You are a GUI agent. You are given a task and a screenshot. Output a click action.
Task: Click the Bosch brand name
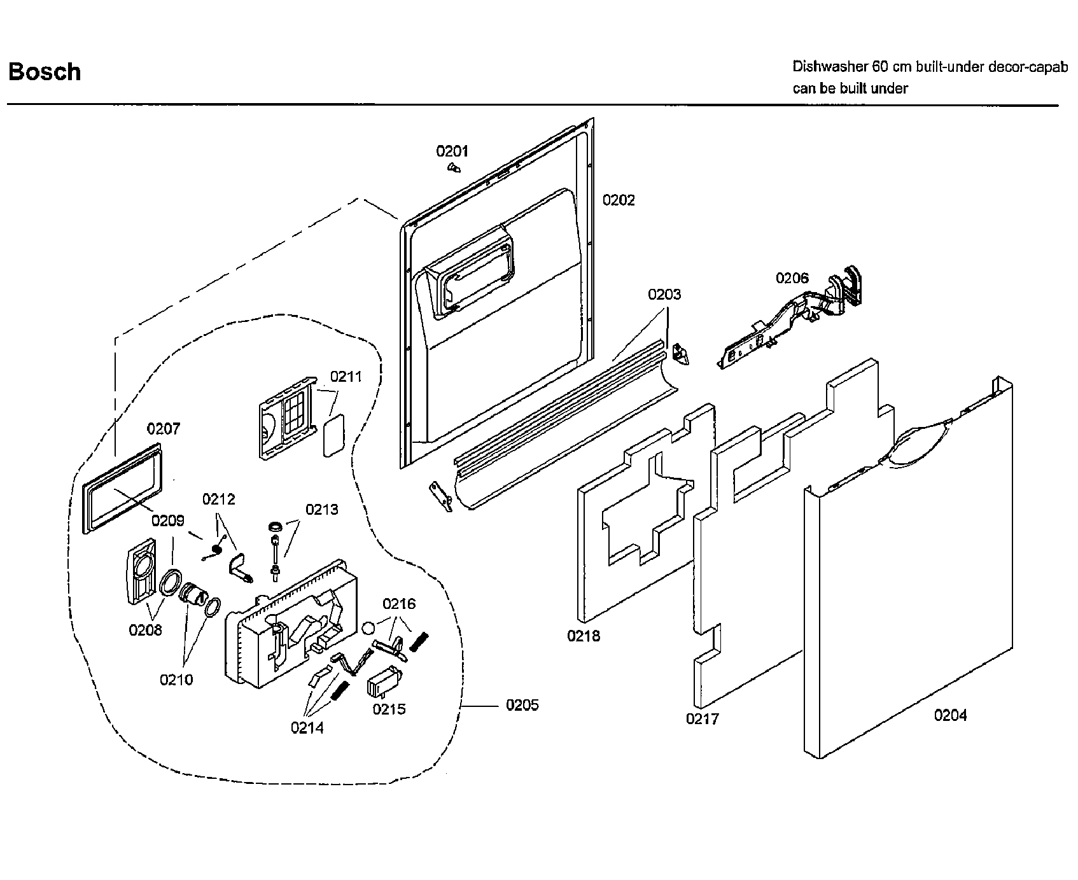pos(45,71)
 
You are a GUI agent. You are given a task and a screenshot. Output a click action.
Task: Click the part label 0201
pos(452,151)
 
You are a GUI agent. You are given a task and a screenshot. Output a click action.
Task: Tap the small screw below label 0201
pos(454,168)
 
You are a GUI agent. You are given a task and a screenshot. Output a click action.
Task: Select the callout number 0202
pos(619,200)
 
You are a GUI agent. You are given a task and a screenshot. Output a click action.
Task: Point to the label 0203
pos(664,295)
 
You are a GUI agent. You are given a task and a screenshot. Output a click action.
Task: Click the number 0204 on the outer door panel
pos(950,715)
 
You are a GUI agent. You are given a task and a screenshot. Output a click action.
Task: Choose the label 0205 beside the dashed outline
pos(522,705)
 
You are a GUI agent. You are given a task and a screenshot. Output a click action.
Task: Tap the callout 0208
pos(145,630)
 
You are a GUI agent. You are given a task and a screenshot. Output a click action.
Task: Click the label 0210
pos(176,680)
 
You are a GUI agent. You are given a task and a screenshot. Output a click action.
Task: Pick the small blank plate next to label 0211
pos(333,436)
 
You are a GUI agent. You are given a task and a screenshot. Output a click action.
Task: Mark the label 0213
pos(321,510)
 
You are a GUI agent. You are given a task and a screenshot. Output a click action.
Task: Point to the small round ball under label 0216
pos(367,628)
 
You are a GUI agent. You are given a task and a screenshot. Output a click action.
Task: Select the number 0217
pos(702,718)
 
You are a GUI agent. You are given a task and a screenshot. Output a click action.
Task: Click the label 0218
pos(584,635)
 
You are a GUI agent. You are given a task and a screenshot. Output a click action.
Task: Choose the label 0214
pos(307,728)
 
